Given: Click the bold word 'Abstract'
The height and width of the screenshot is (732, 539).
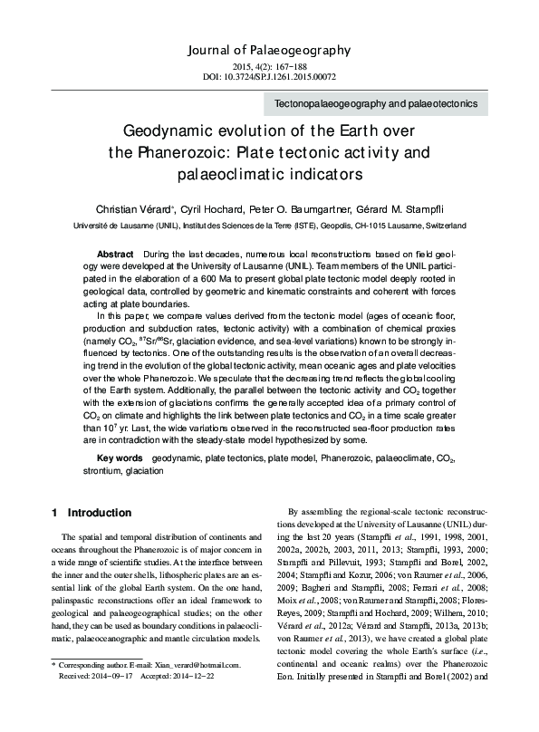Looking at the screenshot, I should click(x=116, y=249).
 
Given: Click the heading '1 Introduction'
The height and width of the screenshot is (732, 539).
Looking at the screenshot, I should click(x=91, y=513).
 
